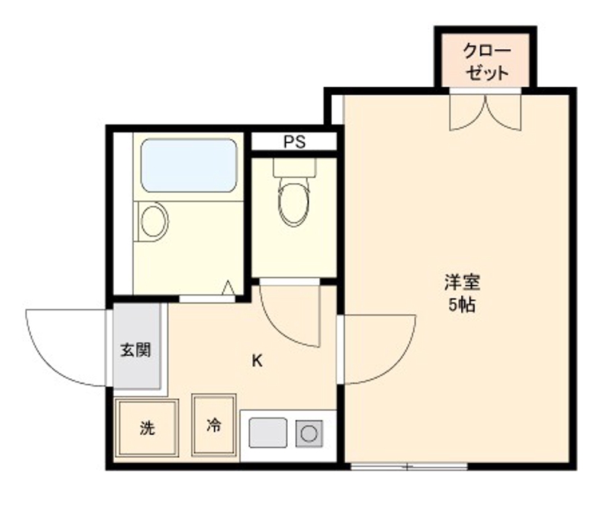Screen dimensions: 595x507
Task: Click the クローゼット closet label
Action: tap(486, 61)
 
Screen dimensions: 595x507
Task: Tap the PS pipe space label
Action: tap(295, 141)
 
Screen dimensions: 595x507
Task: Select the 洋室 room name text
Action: tap(462, 283)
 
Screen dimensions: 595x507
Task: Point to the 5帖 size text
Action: tap(462, 304)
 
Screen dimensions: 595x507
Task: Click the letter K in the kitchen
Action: tap(257, 361)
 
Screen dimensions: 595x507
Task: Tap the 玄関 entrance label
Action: tap(135, 350)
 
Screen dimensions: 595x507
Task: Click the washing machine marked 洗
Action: tap(147, 427)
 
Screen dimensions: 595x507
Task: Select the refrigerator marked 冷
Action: tap(213, 424)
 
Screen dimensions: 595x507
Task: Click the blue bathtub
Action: tap(189, 165)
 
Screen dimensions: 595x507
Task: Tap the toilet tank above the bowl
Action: tap(295, 167)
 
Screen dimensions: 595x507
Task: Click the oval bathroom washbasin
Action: tap(154, 221)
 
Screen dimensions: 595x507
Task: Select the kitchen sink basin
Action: tap(268, 433)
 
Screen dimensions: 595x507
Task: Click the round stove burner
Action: tap(309, 433)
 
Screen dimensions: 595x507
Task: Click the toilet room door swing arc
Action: tap(280, 330)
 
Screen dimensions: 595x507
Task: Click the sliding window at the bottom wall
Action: tap(408, 466)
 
